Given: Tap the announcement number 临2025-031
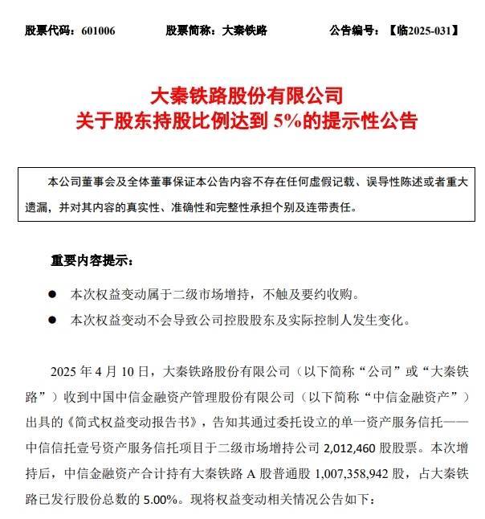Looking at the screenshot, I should click(x=423, y=31).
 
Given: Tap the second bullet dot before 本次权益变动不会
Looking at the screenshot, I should click(x=53, y=320).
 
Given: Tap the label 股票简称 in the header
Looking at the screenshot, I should click(x=190, y=31).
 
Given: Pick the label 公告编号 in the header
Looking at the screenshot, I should click(x=353, y=31).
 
